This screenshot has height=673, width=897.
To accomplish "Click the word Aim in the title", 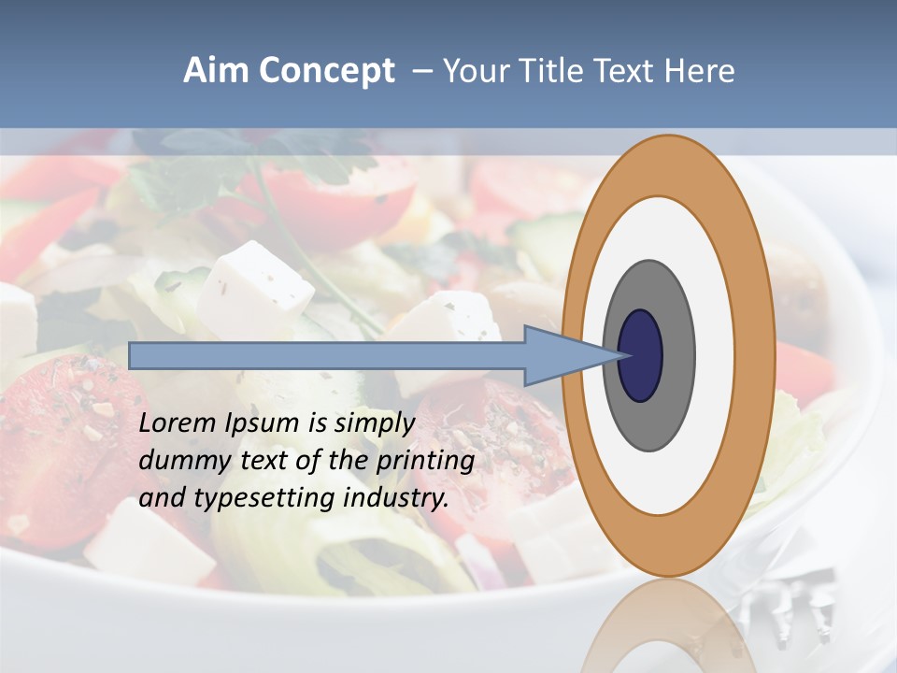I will point(217,70).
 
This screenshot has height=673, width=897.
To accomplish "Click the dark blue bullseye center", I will point(640,355).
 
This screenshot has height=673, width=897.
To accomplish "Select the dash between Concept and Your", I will point(421,71).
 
